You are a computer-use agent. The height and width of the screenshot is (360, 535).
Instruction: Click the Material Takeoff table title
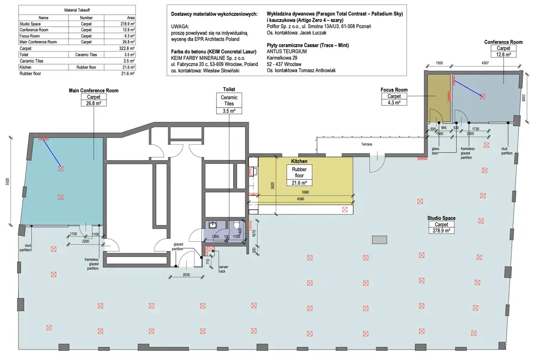coord(77,10)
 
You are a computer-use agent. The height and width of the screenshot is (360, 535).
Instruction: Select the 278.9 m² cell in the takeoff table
coord(127,24)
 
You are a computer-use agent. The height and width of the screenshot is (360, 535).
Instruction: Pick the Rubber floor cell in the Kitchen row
coord(86,67)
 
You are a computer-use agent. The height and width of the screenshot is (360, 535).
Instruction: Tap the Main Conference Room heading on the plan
coord(94,91)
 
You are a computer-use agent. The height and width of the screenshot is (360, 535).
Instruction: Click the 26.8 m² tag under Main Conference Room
coord(94,103)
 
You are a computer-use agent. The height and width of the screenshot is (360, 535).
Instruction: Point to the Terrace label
coord(367,144)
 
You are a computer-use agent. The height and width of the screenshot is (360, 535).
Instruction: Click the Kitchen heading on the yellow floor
coord(299,161)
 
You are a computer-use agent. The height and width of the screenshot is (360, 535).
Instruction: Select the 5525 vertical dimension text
coord(8,181)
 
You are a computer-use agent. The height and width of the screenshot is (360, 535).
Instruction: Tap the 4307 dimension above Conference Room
coord(485,63)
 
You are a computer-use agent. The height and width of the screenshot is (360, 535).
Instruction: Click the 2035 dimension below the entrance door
coord(186,275)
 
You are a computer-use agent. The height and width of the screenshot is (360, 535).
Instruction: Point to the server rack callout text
coord(224,269)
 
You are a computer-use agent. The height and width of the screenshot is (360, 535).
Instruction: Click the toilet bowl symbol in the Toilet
coord(237,225)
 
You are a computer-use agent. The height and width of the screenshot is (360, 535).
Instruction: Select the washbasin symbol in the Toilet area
coord(213,225)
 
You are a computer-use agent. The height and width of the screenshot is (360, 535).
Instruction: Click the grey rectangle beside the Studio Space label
coord(380,240)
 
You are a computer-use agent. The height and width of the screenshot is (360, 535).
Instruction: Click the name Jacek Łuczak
coord(313,33)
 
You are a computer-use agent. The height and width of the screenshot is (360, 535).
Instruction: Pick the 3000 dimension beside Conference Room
coord(524,98)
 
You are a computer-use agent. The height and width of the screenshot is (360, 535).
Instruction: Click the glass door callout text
coord(436,151)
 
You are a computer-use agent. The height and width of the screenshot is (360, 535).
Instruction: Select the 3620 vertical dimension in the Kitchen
coord(273,186)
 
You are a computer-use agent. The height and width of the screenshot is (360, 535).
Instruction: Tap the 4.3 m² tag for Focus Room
coord(394,102)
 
